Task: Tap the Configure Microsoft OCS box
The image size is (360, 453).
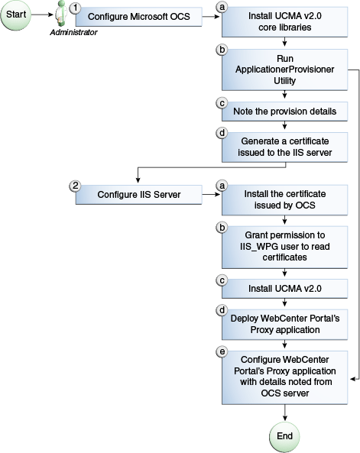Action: click(x=138, y=16)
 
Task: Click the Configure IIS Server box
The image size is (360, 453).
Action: click(x=138, y=194)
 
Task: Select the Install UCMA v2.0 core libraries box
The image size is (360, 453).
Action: click(x=284, y=21)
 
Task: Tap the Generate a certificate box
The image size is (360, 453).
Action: click(x=284, y=147)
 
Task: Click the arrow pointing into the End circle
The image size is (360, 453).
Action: click(x=284, y=413)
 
